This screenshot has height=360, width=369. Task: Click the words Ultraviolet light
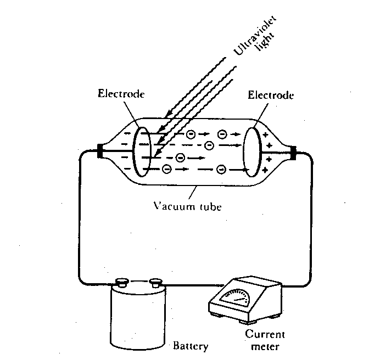pyautogui.click(x=255, y=35)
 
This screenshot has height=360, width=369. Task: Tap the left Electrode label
pyautogui.click(x=121, y=94)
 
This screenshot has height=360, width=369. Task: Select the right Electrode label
pyautogui.click(x=271, y=95)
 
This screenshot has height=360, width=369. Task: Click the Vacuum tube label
pyautogui.click(x=188, y=206)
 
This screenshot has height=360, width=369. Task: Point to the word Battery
pyautogui.click(x=191, y=346)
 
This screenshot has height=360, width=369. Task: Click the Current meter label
pyautogui.click(x=265, y=340)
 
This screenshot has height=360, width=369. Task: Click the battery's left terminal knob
pyautogui.click(x=122, y=282)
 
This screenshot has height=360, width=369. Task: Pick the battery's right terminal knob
pyautogui.click(x=156, y=282)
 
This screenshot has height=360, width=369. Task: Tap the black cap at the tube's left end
pyautogui.click(x=100, y=151)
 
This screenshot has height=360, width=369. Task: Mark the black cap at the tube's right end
pyautogui.click(x=293, y=153)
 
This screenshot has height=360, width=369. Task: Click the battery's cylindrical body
pyautogui.click(x=138, y=317)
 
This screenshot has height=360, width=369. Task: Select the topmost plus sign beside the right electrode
pyautogui.click(x=265, y=135)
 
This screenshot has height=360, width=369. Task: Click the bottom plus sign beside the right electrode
pyautogui.click(x=265, y=170)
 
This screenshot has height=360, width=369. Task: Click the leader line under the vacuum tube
pyautogui.click(x=193, y=193)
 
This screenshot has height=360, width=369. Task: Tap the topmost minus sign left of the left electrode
pyautogui.click(x=127, y=133)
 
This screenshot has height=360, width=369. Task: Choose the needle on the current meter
pyautogui.click(x=239, y=300)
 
